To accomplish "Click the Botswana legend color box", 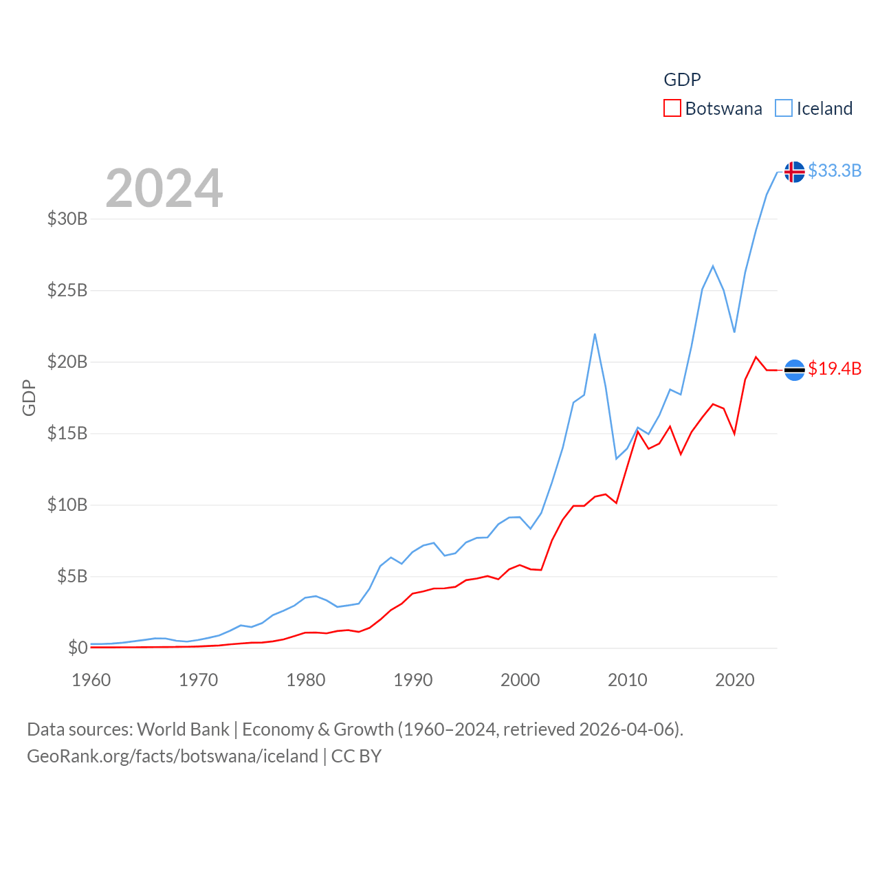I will (x=672, y=109).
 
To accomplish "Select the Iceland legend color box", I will (x=784, y=109).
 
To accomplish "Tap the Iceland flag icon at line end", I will (x=794, y=171).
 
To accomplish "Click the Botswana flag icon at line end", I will (x=794, y=370).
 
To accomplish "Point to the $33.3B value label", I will (x=835, y=170).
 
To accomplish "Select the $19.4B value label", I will (x=835, y=369).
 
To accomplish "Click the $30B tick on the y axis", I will (x=67, y=219).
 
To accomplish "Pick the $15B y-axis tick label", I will (x=67, y=434).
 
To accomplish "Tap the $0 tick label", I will (x=78, y=648).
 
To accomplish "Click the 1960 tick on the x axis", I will (x=91, y=681).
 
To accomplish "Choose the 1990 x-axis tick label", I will (x=413, y=681).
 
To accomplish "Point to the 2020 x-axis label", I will (x=735, y=681).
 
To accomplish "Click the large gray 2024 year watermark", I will (x=164, y=188).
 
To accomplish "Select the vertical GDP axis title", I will (x=29, y=397).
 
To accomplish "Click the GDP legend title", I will (x=682, y=80).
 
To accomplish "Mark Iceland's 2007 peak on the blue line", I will (x=595, y=334).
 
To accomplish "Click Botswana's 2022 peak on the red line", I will (x=756, y=357).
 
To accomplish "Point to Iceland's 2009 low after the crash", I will (x=617, y=459).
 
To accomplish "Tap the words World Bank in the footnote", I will (x=183, y=729).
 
